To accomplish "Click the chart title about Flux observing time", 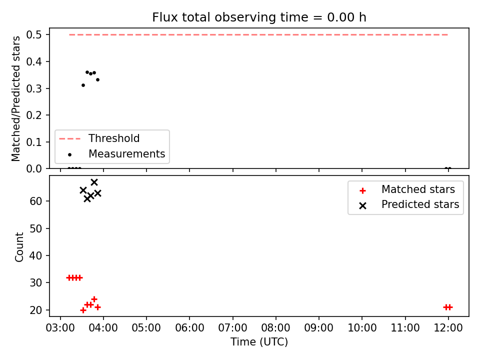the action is (x=259, y=17).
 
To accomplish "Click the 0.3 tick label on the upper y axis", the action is (x=33, y=88).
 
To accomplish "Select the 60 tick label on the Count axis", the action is (x=35, y=201).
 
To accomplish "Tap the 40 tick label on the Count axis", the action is (x=35, y=255).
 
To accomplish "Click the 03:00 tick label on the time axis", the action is (x=60, y=328).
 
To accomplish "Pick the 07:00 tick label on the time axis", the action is (x=232, y=328).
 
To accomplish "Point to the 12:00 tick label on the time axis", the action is (x=448, y=328).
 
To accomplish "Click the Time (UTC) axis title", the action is (x=259, y=341).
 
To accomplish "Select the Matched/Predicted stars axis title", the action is (x=16, y=98).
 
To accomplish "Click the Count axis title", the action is (x=19, y=247).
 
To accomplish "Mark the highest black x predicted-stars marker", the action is (x=94, y=182).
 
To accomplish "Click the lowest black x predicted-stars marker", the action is (x=87, y=198).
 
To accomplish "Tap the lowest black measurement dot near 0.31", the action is (x=83, y=85).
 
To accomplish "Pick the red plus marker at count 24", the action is (x=94, y=299).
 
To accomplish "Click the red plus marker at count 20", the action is (x=83, y=310).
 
